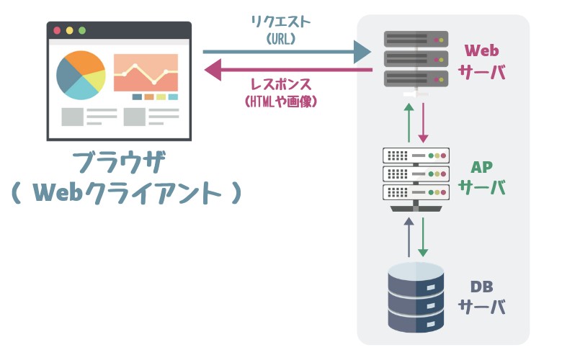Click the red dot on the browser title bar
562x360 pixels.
tap(57, 30)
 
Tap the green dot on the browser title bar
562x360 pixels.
tap(81, 30)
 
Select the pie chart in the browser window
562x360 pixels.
tap(81, 74)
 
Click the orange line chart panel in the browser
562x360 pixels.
tap(146, 72)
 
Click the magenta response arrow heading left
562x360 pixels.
tap(288, 70)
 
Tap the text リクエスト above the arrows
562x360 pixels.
tap(281, 22)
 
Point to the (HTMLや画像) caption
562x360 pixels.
tap(281, 102)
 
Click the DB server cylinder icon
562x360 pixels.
tap(416, 297)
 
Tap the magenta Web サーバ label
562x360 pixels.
tap(482, 61)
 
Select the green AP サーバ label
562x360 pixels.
tap(482, 177)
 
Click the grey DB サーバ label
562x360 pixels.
tap(482, 296)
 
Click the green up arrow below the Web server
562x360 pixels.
tap(409, 122)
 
